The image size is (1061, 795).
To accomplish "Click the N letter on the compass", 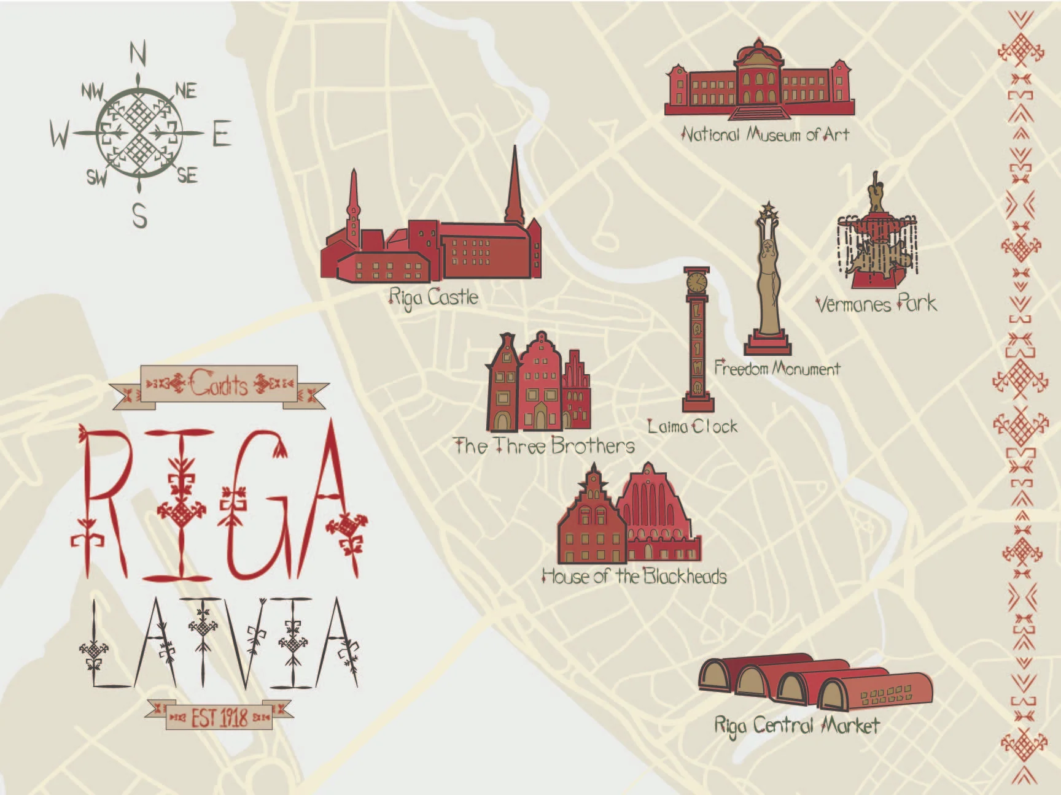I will coord(138,54).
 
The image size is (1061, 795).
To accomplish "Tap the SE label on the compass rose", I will coord(187,176).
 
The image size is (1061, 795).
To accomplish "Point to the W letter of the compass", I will coord(60,134).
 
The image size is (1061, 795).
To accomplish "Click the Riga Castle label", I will coord(433,298).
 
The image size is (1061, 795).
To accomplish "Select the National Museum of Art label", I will coord(766,134).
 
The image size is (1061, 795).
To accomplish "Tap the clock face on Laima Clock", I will coord(696,282).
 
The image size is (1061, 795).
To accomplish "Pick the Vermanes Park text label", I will coord(876,304).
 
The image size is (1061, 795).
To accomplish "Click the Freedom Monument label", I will coord(777,369).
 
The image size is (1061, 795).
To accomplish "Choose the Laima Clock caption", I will coord(693,426).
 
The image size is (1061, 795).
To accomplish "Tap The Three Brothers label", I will coord(544,445).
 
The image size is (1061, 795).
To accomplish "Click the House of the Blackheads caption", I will coord(634,577).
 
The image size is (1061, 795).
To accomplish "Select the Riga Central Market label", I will coord(796,726).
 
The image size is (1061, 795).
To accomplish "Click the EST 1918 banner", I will coord(219,716).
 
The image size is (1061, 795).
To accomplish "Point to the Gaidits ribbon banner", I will coord(219,385).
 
